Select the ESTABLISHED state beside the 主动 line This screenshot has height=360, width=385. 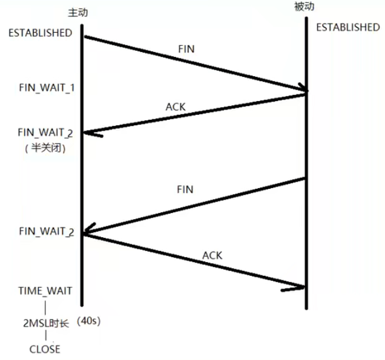click(x=40, y=33)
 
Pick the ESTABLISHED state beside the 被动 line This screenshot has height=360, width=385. click(x=348, y=27)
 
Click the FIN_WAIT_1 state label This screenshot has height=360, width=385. click(x=47, y=88)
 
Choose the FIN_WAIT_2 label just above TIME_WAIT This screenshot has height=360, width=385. click(x=47, y=231)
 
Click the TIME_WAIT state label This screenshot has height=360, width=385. click(x=46, y=291)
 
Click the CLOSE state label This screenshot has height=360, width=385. click(x=45, y=349)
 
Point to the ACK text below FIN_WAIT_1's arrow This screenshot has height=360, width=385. click(x=176, y=106)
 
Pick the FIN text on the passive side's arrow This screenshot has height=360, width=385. click(x=185, y=189)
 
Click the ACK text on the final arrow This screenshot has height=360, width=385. click(x=212, y=255)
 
